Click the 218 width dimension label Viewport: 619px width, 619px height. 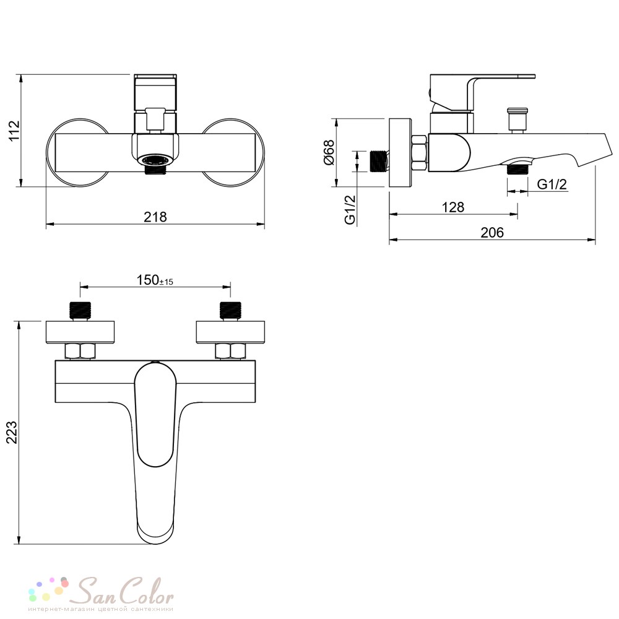[155, 217]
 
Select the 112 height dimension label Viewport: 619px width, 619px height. [14, 131]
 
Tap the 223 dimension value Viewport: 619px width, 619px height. [12, 432]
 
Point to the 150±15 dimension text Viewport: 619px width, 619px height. [155, 280]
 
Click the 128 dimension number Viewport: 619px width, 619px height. [453, 207]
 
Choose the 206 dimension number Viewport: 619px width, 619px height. [492, 233]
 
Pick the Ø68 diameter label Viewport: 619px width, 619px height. [329, 152]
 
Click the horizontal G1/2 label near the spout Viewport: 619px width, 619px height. [552, 184]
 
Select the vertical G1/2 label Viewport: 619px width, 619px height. [350, 210]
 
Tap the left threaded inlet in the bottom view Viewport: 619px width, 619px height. [80, 310]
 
